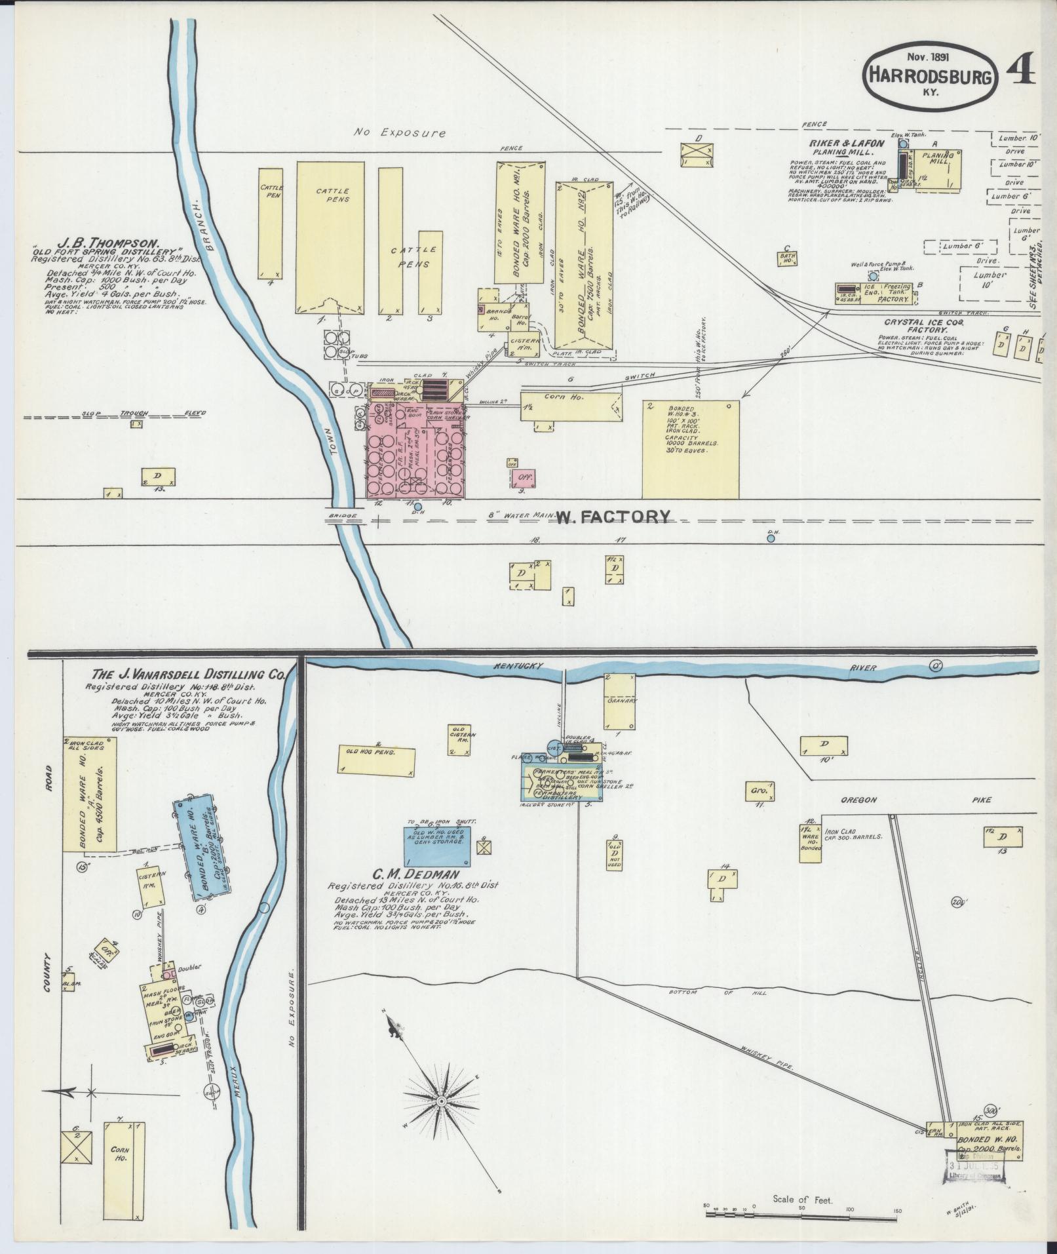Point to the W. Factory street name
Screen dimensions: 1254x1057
(x=614, y=517)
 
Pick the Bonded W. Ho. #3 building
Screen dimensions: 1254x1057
(x=691, y=449)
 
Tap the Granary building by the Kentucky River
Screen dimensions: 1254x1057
(x=619, y=701)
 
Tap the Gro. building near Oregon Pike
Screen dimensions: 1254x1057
(x=759, y=791)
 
